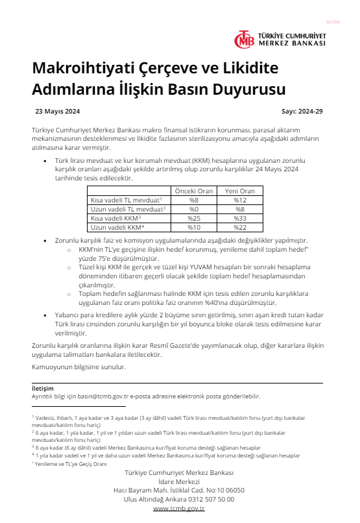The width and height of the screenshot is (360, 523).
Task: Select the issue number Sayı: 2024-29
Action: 302,111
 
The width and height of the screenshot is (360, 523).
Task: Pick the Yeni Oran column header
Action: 239,191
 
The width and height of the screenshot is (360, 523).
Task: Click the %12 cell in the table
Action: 239,200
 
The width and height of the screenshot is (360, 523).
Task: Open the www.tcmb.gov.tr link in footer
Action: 179,509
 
